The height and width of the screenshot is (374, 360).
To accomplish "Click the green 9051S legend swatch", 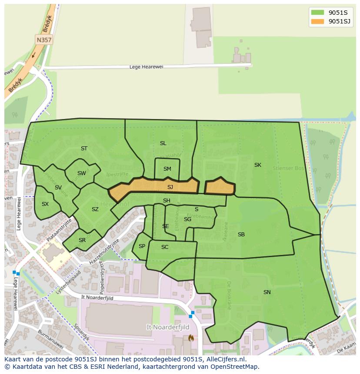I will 317,12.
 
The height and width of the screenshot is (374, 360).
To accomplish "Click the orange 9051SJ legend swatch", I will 317,21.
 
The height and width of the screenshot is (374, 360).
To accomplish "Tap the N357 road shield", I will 43,40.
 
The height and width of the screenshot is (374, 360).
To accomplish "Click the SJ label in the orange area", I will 170,187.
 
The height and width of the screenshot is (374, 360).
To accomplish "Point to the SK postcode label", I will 258,165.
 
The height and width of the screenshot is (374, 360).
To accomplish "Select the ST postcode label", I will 84,149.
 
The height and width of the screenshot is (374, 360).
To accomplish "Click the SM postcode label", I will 167,169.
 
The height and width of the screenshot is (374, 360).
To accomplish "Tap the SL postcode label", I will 163,143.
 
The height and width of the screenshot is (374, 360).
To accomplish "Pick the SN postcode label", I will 267,292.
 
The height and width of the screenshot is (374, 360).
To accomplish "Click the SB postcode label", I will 241,235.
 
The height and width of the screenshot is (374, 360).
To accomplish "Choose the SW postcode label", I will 82,174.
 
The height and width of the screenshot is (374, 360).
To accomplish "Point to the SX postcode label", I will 45,204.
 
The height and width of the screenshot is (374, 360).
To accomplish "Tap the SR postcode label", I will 82,240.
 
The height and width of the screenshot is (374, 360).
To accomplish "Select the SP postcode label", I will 142,246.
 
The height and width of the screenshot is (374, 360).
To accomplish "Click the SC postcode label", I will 165,247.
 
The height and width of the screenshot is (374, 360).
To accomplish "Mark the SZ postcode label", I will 95,209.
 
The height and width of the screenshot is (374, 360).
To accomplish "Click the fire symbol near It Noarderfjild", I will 190,338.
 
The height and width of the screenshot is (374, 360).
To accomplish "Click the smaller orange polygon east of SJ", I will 220,187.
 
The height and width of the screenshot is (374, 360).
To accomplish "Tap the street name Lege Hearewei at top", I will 146,67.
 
